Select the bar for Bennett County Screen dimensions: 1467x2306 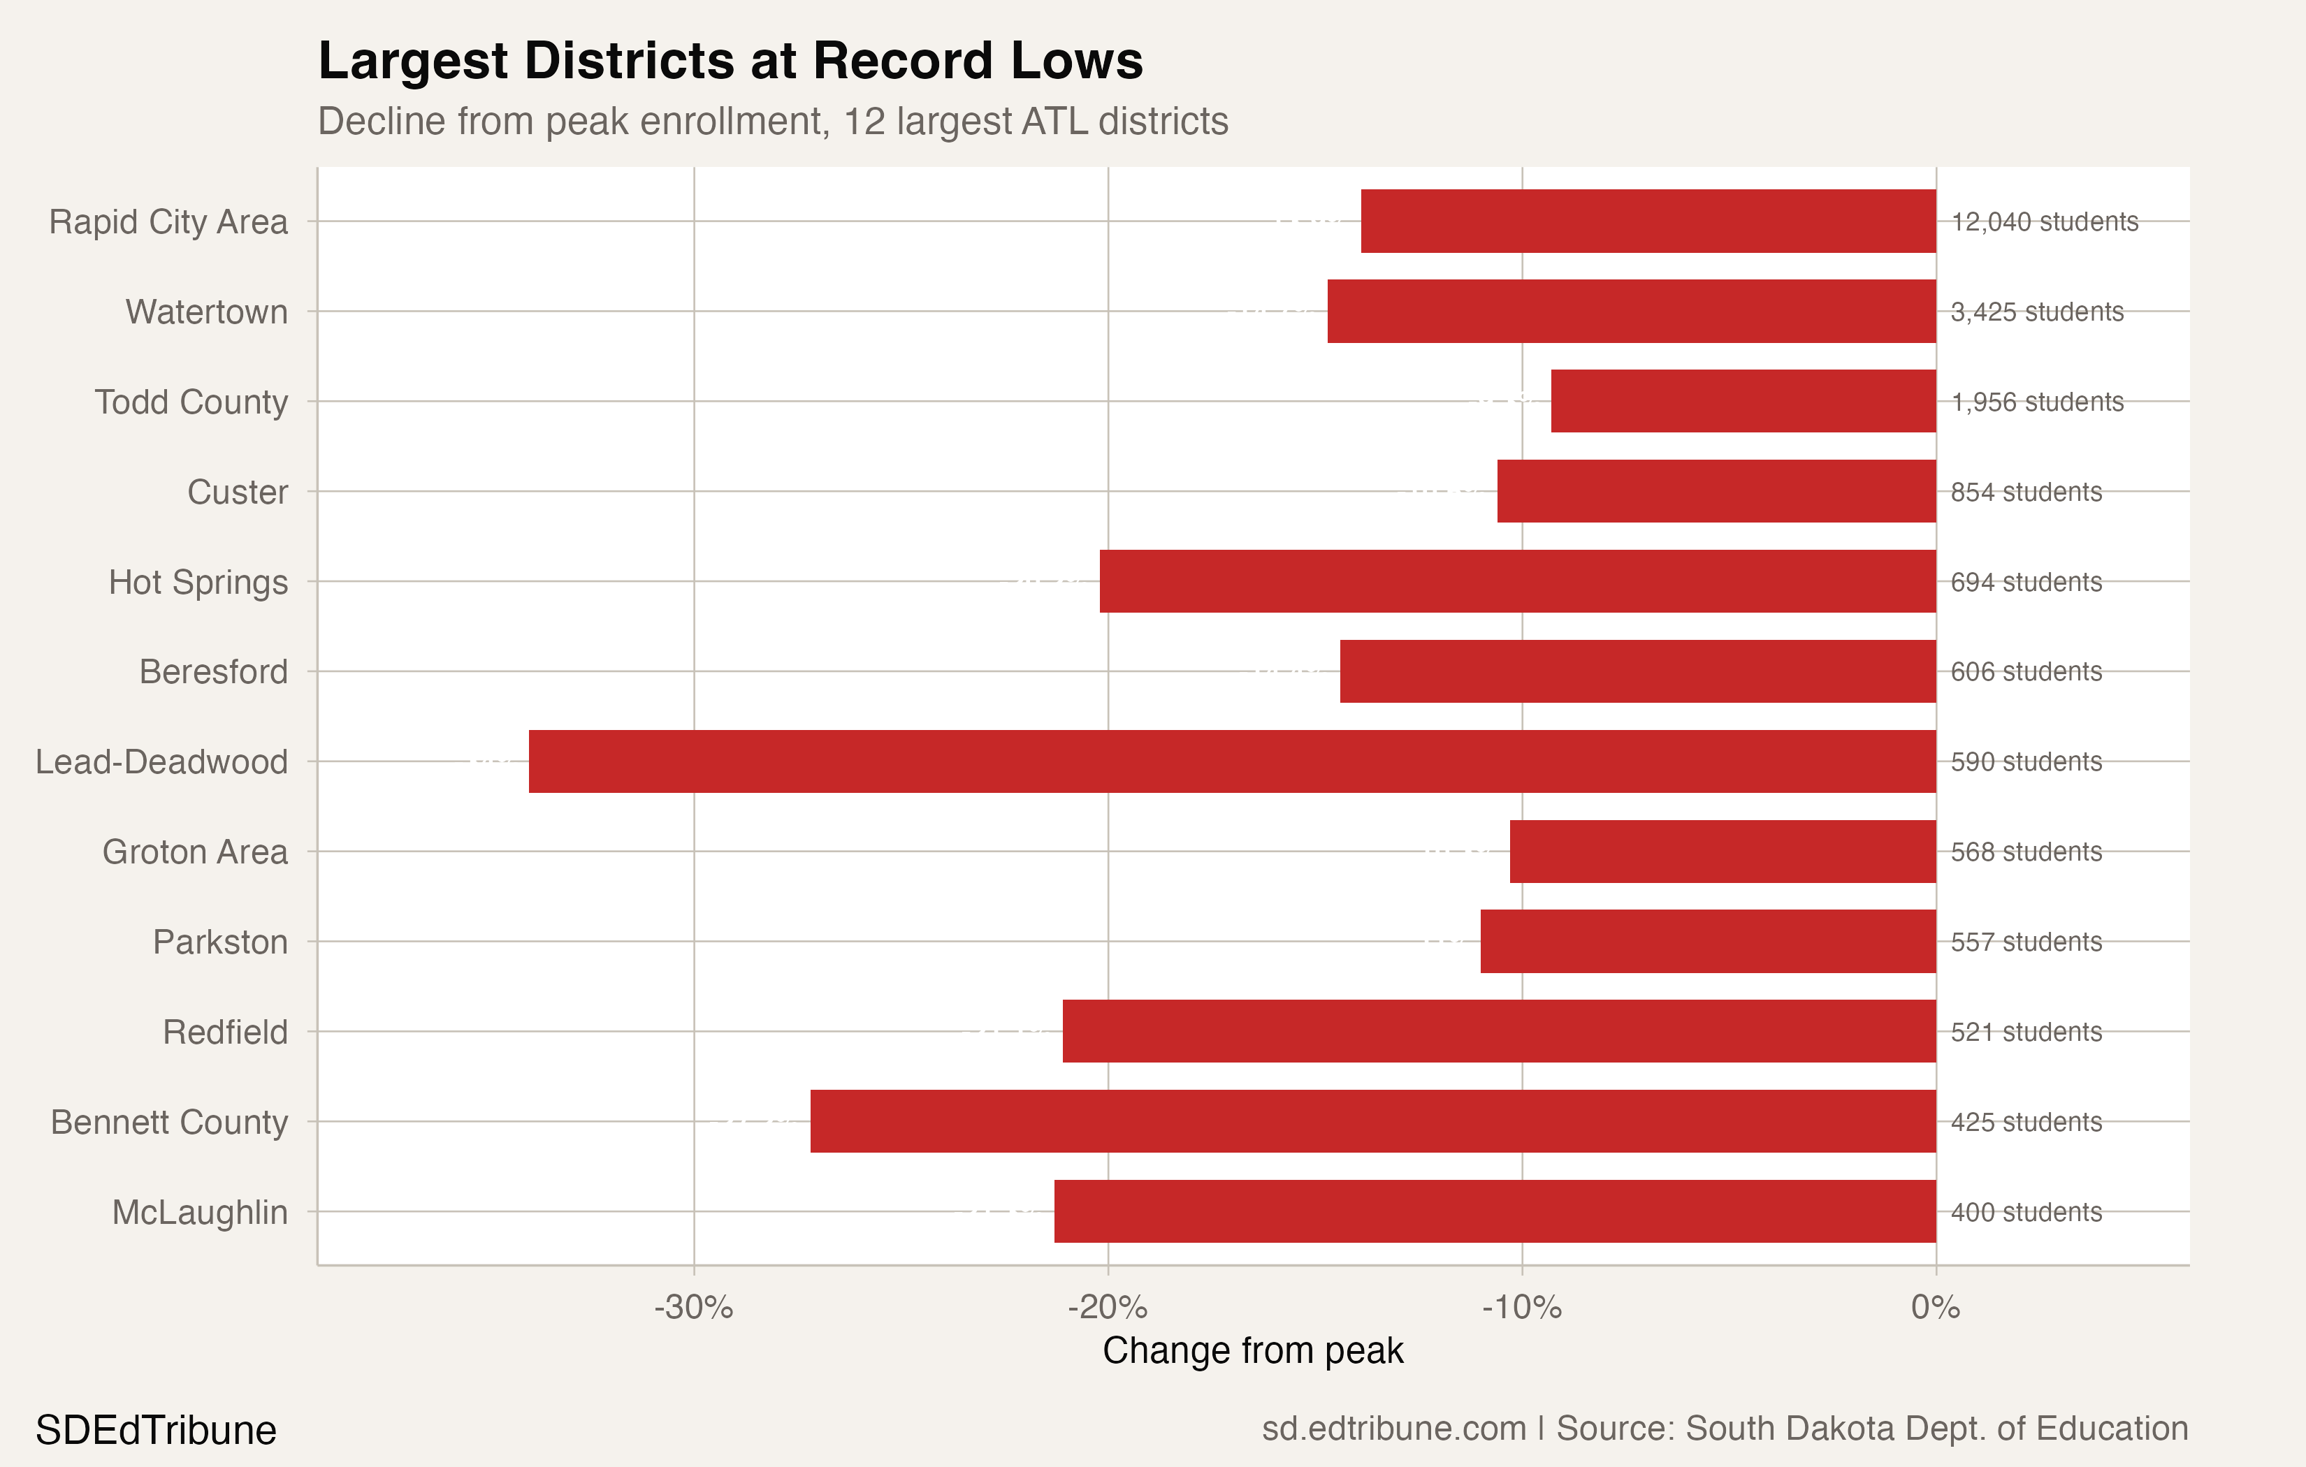point(1372,1121)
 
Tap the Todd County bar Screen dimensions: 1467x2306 point(1743,401)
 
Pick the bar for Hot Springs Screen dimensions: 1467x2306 point(1517,581)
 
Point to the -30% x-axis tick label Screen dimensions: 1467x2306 point(693,1307)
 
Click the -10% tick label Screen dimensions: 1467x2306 point(1522,1307)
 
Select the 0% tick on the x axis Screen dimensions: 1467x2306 point(1936,1307)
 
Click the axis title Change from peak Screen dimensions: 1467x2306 point(1253,1351)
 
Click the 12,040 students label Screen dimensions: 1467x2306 point(2045,221)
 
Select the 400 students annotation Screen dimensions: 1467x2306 point(2026,1211)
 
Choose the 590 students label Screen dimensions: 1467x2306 point(2026,761)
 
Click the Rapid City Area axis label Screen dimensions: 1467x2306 point(168,221)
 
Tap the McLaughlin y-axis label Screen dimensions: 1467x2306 point(199,1212)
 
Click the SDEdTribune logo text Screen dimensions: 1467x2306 point(156,1431)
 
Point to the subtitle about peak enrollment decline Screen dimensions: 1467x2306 point(772,122)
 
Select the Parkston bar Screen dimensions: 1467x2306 point(1707,941)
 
